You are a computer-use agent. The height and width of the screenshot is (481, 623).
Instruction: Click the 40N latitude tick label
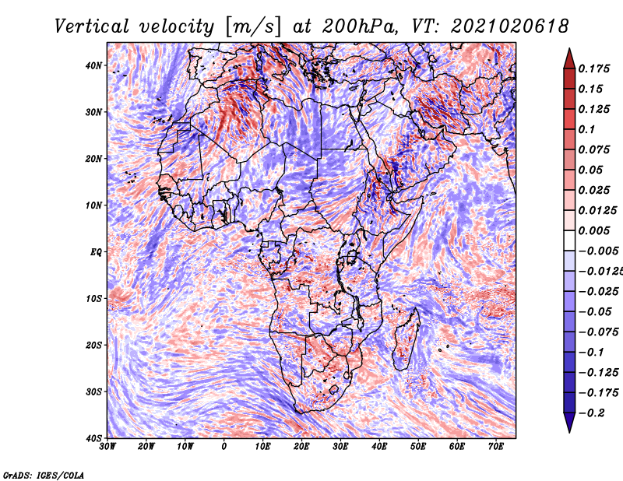pos(93,65)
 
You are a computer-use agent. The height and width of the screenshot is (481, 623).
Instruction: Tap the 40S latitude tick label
pos(93,437)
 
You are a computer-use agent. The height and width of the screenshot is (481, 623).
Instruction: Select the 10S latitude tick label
pos(93,298)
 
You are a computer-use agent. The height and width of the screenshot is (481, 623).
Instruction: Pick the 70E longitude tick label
pos(496,447)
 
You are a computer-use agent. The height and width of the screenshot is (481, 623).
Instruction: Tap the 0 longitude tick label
pos(224,447)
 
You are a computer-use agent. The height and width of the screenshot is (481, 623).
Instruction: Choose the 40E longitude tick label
pos(379,447)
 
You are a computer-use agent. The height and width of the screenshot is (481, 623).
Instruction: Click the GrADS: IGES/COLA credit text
pos(43,474)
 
